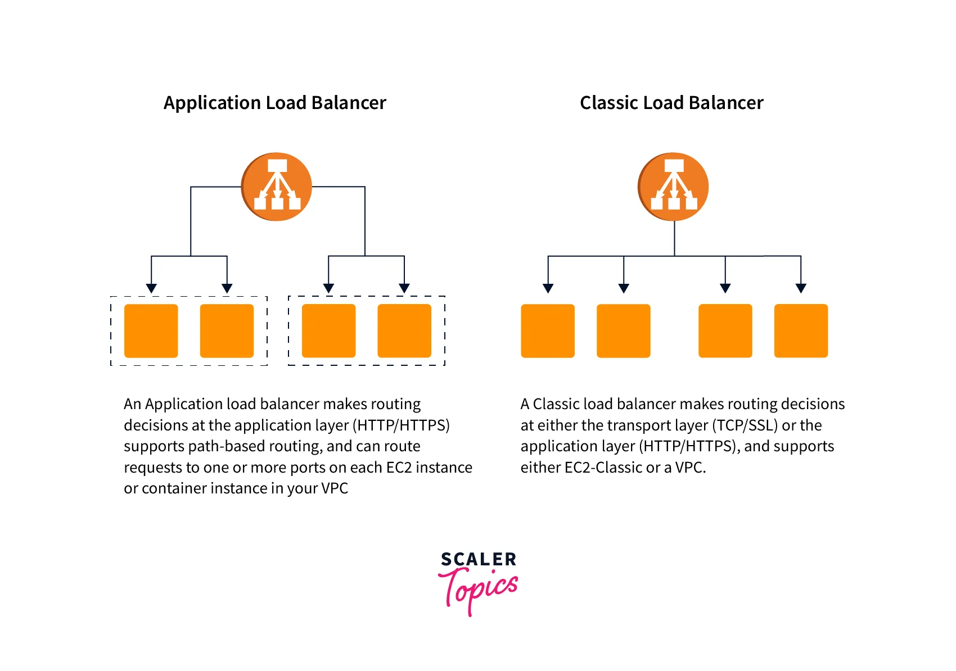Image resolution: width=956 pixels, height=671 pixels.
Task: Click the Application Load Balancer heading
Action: coord(274,103)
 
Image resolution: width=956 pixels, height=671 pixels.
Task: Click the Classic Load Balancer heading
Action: coord(671,103)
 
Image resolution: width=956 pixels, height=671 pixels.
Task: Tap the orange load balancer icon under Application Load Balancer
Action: coord(277,187)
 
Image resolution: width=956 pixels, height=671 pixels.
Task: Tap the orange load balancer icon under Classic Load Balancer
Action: coord(674,187)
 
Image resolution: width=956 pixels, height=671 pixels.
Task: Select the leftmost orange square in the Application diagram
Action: coord(151,331)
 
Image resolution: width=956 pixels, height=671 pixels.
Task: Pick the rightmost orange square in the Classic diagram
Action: coord(801,331)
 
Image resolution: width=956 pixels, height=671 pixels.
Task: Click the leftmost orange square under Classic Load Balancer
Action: coord(548,331)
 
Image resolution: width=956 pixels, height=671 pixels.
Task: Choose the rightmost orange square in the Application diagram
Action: coord(404,331)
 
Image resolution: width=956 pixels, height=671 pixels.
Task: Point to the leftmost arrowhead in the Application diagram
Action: coord(151,288)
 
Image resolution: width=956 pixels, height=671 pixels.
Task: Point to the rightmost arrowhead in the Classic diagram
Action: coord(801,288)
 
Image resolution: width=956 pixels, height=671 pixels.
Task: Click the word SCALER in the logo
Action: coord(479,559)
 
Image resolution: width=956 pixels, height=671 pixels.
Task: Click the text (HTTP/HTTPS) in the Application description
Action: coord(401,425)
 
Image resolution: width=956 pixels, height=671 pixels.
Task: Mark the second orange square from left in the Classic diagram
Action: coord(623,331)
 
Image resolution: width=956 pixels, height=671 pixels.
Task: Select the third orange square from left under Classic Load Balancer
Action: coord(725,331)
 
